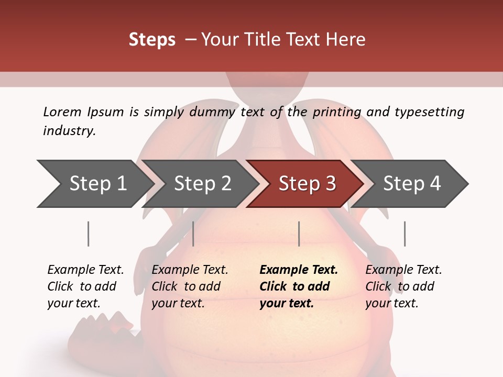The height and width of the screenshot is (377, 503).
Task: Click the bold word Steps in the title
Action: (x=152, y=40)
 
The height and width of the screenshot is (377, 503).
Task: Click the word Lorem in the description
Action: (x=62, y=112)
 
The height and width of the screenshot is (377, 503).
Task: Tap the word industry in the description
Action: (x=69, y=131)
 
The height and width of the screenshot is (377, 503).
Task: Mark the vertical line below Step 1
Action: (x=89, y=234)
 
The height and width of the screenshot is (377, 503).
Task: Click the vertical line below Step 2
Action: (x=193, y=234)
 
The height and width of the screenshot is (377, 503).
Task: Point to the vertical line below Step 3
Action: (x=299, y=234)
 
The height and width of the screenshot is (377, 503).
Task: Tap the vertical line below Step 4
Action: (x=404, y=234)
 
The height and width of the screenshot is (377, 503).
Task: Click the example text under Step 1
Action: (x=85, y=286)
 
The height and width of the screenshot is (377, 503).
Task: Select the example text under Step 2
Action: (x=190, y=286)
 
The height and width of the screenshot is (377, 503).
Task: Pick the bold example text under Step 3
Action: (x=299, y=286)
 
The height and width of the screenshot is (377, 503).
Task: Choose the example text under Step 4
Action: (x=403, y=286)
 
